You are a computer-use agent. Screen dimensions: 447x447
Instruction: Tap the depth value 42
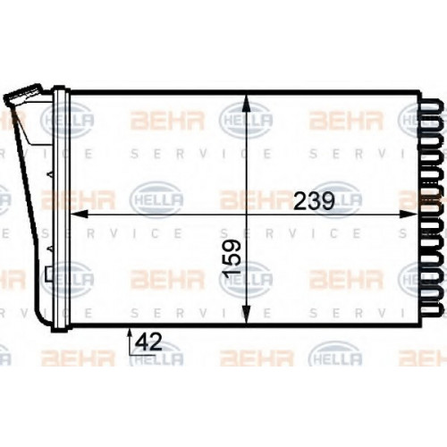(x=148, y=342)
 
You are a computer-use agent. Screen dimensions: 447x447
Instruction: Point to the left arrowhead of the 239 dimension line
(x=79, y=214)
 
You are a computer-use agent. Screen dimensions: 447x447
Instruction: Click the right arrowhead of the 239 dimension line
(x=409, y=214)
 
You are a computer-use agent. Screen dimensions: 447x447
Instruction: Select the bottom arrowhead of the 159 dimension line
(x=246, y=315)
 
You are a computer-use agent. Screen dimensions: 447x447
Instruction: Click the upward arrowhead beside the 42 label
(x=130, y=333)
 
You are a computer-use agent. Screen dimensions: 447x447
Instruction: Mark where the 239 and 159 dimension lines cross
(x=246, y=214)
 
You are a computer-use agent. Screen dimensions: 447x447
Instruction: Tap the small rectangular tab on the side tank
(x=49, y=274)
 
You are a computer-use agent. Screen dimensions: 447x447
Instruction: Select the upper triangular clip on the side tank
(x=50, y=175)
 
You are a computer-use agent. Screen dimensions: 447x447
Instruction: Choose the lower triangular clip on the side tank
(x=50, y=248)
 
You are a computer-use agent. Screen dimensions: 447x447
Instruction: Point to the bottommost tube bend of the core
(x=430, y=309)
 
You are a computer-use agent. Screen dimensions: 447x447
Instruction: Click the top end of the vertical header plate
(x=61, y=88)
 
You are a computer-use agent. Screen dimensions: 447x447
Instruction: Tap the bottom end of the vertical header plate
(x=61, y=330)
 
